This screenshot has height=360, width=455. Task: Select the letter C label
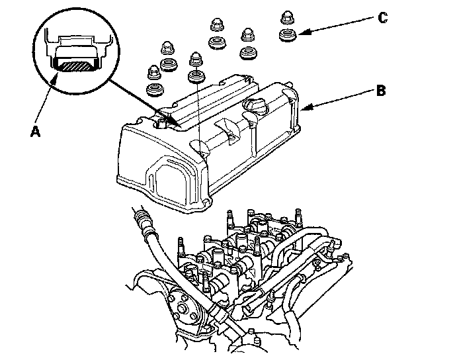(382, 18)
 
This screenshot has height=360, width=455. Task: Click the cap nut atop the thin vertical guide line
(196, 60)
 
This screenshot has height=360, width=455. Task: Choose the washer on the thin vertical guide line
(196, 77)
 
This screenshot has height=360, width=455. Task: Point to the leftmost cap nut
(153, 69)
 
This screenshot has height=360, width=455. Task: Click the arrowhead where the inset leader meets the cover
(173, 120)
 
